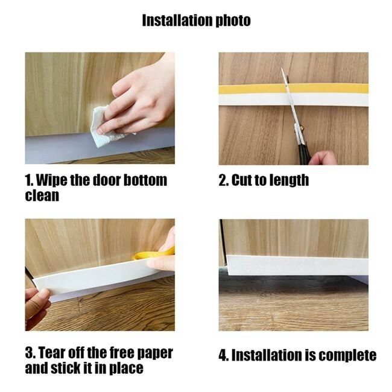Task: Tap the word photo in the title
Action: (233, 21)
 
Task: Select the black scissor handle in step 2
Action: (305, 154)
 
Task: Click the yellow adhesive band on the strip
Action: (293, 89)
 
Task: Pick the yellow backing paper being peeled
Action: (154, 254)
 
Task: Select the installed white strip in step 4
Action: (297, 265)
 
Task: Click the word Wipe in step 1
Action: (52, 180)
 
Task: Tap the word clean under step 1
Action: (42, 195)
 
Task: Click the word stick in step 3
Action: (66, 368)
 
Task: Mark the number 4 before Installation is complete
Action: (223, 355)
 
